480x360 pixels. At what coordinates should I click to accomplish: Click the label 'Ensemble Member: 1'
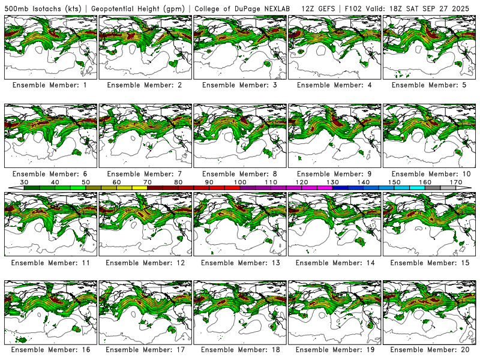(x=52, y=85)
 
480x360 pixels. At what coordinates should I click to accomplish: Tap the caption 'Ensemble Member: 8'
(x=240, y=174)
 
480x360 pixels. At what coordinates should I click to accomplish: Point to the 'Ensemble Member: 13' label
(x=240, y=263)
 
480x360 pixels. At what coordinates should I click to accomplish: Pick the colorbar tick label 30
(x=25, y=182)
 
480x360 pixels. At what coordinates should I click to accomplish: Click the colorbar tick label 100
(x=240, y=182)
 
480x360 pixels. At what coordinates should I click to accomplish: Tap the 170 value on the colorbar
(x=456, y=182)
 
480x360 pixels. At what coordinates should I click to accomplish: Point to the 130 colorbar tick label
(x=332, y=182)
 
